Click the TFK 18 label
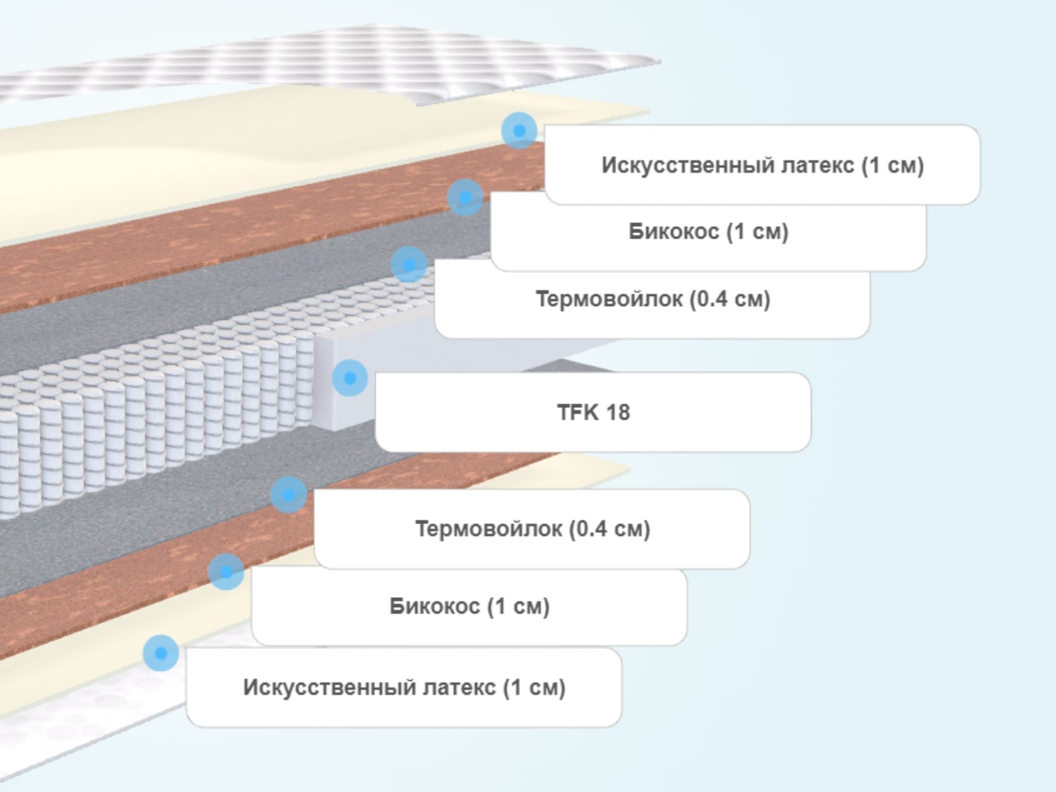(x=593, y=412)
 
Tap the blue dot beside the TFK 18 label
(x=350, y=378)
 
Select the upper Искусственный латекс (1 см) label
(x=762, y=165)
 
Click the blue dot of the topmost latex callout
(x=519, y=130)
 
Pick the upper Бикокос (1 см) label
(x=709, y=231)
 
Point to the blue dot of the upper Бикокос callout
(x=465, y=197)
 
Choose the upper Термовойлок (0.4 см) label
(x=652, y=299)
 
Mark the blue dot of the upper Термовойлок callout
(x=409, y=265)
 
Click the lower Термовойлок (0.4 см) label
(x=532, y=529)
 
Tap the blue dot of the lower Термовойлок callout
(x=289, y=494)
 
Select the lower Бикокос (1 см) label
(x=470, y=606)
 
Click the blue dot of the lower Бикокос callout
(x=226, y=572)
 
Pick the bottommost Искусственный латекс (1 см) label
(x=404, y=688)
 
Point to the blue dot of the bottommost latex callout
(x=160, y=653)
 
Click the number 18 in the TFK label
(x=618, y=412)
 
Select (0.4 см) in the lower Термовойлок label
(x=609, y=529)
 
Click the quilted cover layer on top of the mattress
(x=336, y=63)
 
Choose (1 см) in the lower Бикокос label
(x=518, y=606)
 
